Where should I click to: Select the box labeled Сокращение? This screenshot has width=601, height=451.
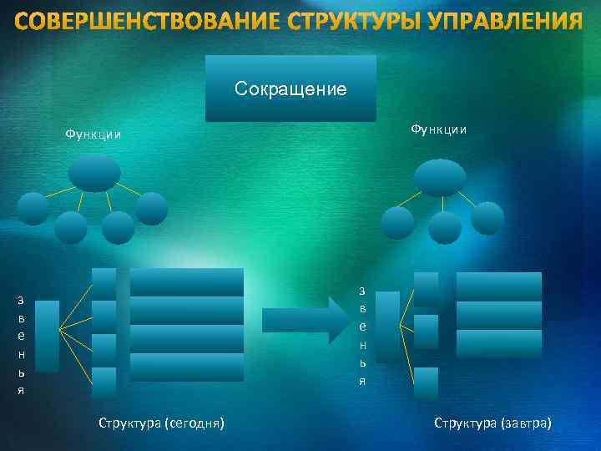coord(290,89)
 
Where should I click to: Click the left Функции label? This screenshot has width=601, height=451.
coord(93,134)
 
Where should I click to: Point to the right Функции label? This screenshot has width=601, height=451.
coord(438,129)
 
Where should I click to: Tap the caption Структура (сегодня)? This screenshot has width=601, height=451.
coord(161,423)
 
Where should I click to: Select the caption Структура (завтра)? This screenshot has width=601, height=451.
coord(492,423)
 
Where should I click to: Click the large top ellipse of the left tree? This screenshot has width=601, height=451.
coord(94,173)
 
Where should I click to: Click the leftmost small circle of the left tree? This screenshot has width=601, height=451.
coord(33,209)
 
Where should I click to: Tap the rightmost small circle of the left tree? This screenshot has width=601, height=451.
coord(151,209)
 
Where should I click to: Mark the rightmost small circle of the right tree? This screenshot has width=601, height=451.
coord(487,218)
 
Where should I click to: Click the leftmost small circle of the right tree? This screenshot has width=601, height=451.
coord(396,223)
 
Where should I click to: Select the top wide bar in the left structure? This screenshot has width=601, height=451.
coord(187,282)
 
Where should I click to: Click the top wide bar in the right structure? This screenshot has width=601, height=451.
coord(499,285)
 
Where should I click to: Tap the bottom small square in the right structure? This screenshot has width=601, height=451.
coord(426,383)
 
